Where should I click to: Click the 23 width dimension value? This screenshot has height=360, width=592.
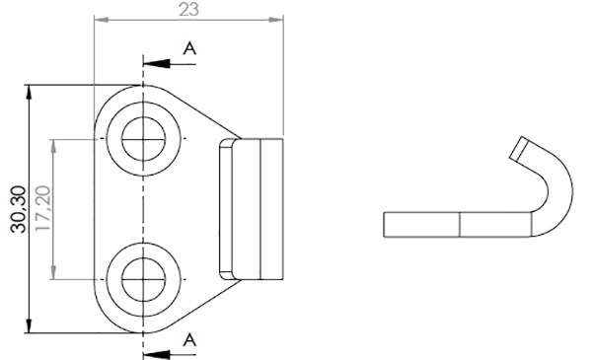(x=188, y=9)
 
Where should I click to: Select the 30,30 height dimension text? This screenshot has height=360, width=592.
(x=18, y=209)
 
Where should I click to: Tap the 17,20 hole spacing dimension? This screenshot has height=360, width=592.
(x=42, y=208)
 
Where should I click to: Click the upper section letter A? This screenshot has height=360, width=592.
(x=189, y=48)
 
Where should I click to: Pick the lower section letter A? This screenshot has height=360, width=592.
(x=189, y=340)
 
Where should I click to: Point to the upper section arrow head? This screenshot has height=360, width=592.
(x=156, y=64)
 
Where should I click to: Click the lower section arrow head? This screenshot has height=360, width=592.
(x=156, y=355)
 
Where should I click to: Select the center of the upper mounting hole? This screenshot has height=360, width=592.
(x=143, y=139)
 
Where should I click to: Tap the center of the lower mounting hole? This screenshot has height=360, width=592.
(x=143, y=280)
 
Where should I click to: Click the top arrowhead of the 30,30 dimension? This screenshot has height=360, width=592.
(x=29, y=93)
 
